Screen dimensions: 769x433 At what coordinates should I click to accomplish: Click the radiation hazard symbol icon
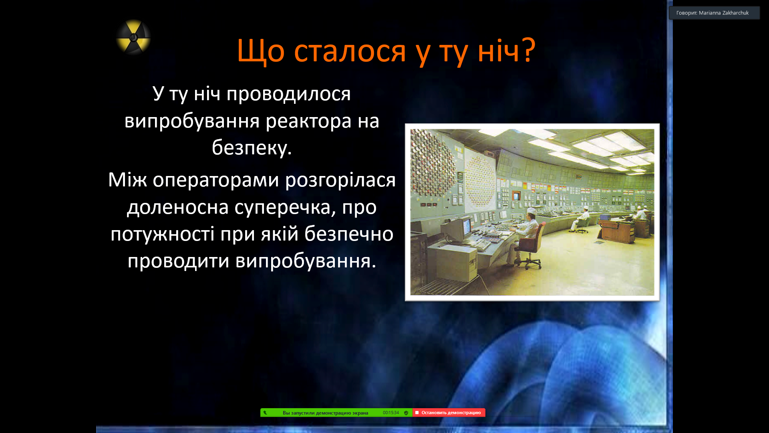[133, 37]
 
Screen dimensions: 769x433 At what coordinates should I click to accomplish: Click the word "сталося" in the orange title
[350, 51]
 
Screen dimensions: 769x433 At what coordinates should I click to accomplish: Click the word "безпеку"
[249, 147]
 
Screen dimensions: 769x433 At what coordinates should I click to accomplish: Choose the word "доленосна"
[178, 208]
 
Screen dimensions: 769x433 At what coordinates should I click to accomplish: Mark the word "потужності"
[162, 234]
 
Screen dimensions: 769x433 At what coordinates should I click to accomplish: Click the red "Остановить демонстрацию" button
[449, 413]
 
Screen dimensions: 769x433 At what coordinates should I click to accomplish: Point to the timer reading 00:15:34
[391, 413]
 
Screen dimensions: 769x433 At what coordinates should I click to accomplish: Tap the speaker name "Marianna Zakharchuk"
[724, 13]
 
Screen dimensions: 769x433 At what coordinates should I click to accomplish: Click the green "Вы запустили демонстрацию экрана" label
[325, 413]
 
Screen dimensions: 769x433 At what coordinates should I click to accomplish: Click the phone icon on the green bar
[265, 413]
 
